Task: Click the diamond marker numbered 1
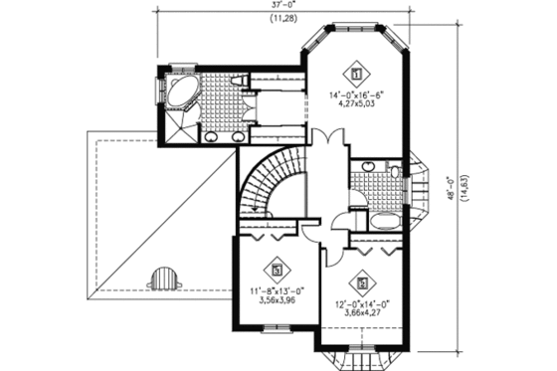356,72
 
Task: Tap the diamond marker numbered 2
360,281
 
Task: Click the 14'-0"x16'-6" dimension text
356,96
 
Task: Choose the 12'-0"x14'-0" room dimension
360,303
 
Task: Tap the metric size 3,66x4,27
360,314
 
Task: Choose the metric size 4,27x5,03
356,107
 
